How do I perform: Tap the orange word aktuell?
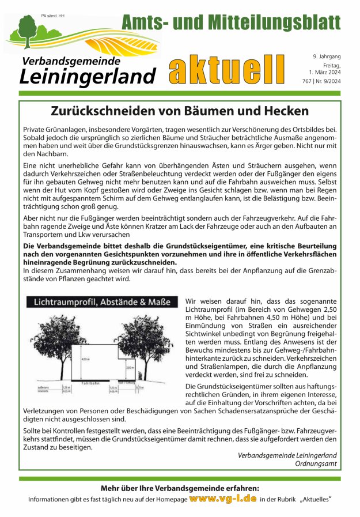coord(227,70)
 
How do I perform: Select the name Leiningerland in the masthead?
coord(88,76)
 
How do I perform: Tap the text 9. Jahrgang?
coord(327,56)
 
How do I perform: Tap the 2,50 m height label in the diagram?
coord(130,367)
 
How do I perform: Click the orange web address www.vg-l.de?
coord(222,498)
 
